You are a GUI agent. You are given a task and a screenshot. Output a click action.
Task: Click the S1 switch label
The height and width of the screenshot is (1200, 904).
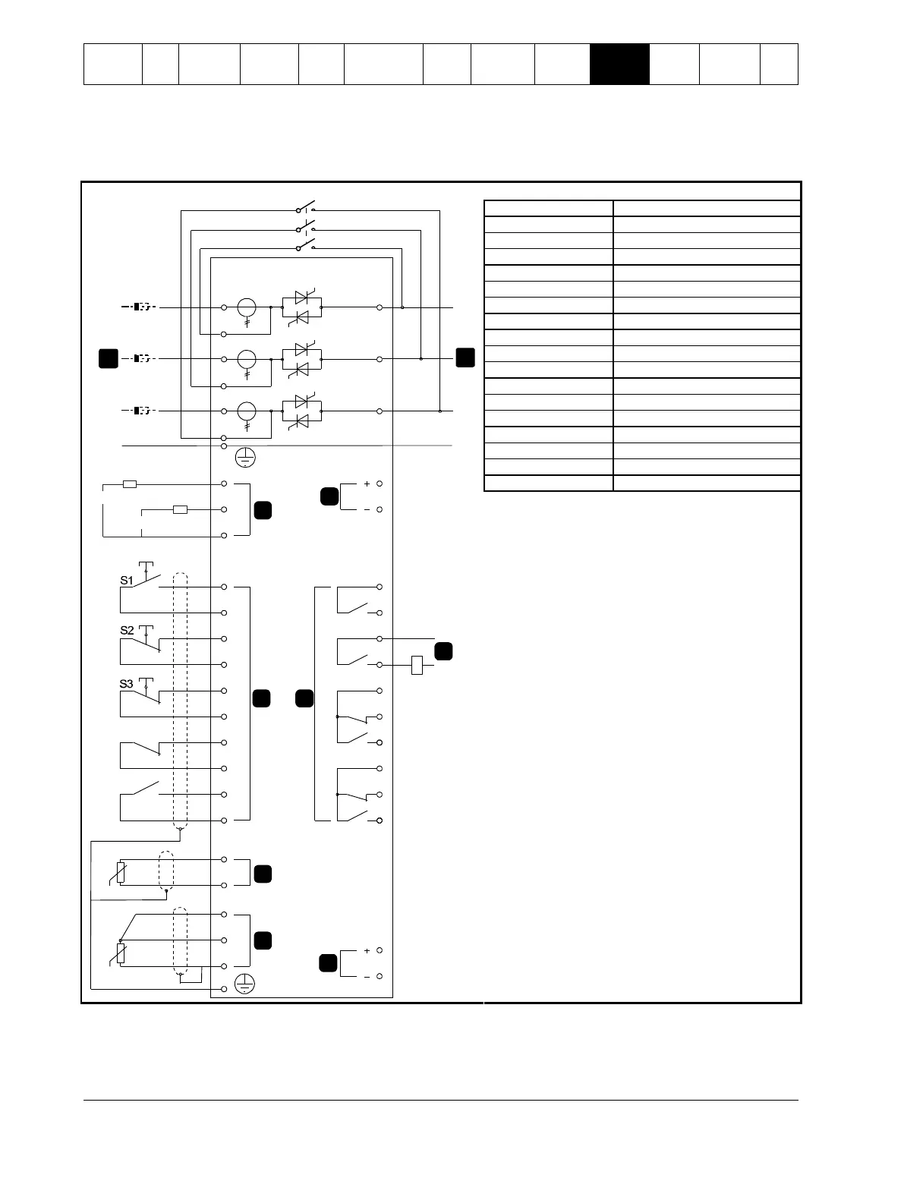pos(127,581)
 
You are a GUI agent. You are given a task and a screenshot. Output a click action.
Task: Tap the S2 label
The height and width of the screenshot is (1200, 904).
pos(127,631)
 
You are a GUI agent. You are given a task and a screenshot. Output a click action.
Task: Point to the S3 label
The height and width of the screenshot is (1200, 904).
pos(127,684)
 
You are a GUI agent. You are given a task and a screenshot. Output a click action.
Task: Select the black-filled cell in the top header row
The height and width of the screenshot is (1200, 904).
pos(619,64)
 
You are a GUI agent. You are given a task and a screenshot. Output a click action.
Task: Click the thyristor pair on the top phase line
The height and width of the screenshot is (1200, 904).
pos(301,307)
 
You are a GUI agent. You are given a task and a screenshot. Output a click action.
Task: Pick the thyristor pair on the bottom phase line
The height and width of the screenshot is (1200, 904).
pos(301,411)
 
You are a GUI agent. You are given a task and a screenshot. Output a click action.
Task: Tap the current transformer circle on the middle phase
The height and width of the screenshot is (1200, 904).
pos(247,359)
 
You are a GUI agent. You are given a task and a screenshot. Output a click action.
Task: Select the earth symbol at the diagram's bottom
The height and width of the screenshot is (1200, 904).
pos(244,984)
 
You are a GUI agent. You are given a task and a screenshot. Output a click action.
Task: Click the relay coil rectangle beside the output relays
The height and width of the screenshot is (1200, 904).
pos(417,666)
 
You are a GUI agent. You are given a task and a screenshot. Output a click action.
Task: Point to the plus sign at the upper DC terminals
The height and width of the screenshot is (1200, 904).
pos(367,483)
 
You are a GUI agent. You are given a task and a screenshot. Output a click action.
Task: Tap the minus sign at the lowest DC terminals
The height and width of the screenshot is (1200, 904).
pos(367,977)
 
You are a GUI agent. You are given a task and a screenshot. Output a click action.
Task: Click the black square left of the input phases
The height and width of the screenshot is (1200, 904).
pos(109,358)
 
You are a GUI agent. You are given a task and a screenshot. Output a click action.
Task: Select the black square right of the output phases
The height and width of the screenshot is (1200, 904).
pos(465,356)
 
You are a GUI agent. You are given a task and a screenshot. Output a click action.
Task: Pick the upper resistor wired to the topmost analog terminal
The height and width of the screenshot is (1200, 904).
pos(130,483)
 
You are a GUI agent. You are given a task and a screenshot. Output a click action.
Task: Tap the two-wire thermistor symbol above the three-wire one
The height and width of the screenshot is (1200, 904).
pos(121,872)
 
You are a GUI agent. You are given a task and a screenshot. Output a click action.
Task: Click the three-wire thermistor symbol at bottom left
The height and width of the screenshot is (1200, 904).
pos(121,953)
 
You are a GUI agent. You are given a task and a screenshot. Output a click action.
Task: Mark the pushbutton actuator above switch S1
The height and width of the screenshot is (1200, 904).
pos(146,566)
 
